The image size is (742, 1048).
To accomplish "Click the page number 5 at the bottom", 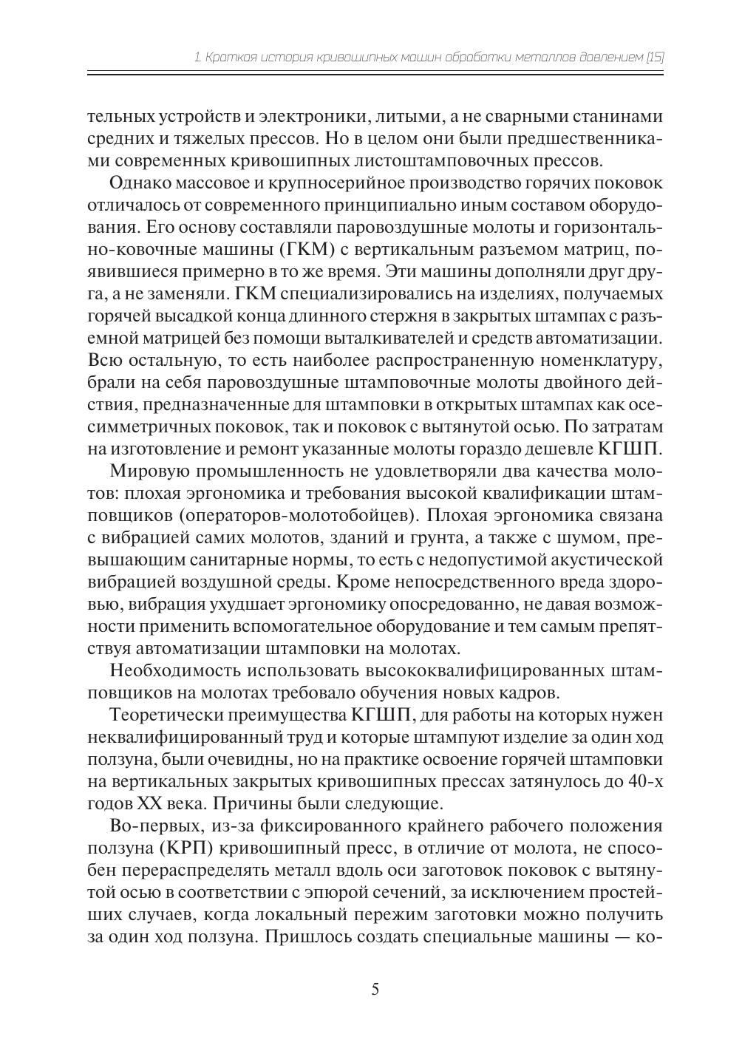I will point(375,989).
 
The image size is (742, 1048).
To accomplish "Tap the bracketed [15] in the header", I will point(655,56).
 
